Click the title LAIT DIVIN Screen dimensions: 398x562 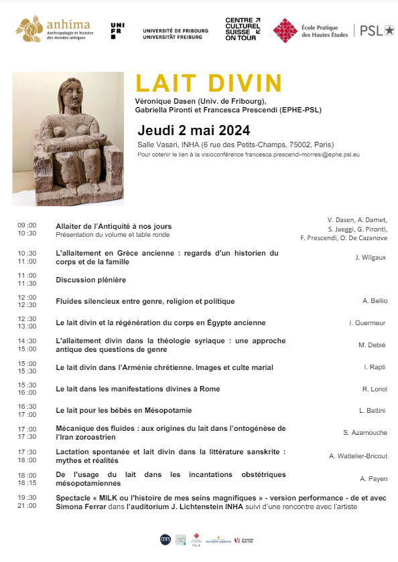[208, 84]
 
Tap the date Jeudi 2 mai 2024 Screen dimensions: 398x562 [194, 130]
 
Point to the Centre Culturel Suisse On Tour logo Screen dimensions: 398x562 [243, 30]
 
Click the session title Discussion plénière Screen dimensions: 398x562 [91, 280]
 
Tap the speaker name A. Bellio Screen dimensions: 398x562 [375, 301]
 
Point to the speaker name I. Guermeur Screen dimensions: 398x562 [368, 323]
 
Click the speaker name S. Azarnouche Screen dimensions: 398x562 [365, 433]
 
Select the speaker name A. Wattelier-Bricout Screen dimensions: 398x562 [358, 456]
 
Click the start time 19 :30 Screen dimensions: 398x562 [27, 497]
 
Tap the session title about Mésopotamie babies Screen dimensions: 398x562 [124, 409]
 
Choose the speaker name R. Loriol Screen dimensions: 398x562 [375, 389]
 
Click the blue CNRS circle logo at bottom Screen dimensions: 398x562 [165, 539]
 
